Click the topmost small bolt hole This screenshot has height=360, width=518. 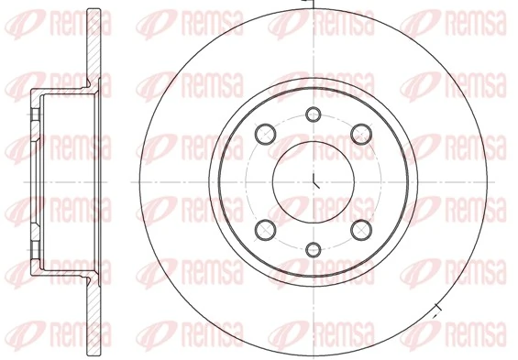tap(314, 115)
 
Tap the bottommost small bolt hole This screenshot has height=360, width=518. tap(314, 247)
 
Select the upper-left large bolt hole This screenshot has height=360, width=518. tap(264, 131)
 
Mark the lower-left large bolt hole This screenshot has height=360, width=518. tap(264, 230)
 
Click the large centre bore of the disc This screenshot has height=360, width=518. tap(314, 180)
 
